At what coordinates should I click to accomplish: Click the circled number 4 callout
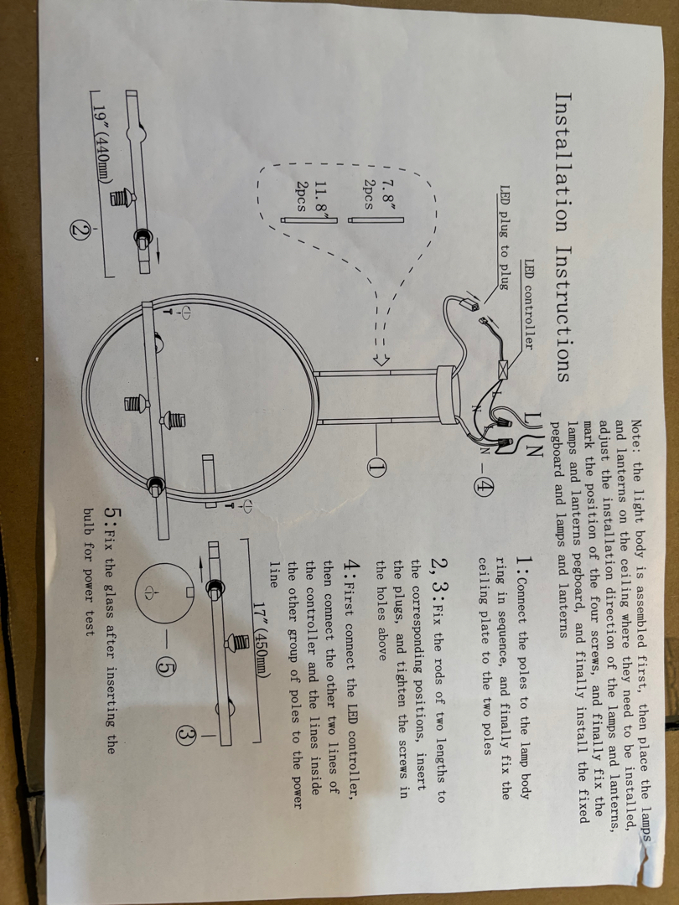484,488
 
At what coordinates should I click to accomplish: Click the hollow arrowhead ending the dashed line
381,359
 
